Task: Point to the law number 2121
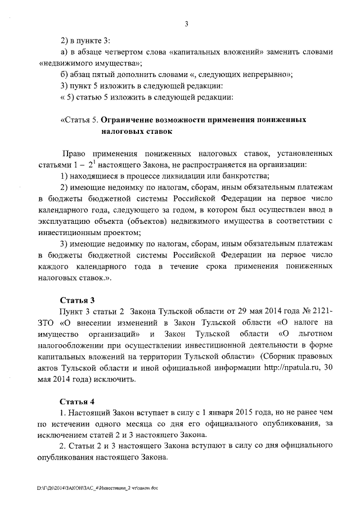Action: point(322,311)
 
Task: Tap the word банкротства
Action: point(245,176)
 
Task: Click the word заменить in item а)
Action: point(265,52)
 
